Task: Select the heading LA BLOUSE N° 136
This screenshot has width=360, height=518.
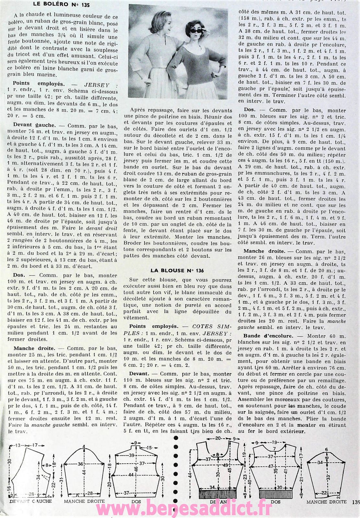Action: click(177, 270)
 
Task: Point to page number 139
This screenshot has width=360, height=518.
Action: click(355, 502)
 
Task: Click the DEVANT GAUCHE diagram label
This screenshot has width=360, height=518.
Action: click(30, 501)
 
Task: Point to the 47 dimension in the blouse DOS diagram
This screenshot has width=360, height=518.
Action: click(271, 466)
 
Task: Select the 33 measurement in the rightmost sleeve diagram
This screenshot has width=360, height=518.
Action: click(328, 477)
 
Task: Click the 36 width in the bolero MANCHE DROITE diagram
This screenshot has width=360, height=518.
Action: click(80, 464)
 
